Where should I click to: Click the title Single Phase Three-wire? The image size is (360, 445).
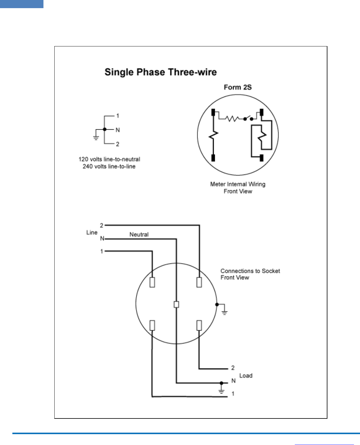coord(161,72)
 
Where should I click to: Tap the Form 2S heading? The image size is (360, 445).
coord(237,87)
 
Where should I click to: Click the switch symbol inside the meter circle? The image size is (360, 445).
coord(248,118)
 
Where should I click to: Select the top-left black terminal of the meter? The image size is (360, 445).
coord(213,112)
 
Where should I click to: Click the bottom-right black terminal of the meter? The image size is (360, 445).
coord(261,158)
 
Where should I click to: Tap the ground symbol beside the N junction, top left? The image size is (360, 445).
coord(96,136)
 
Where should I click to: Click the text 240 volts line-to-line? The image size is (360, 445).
coord(109,166)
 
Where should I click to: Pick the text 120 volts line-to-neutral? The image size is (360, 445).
coord(109,159)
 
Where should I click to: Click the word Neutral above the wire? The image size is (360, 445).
coord(139,234)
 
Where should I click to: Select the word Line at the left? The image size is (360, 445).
coord(92,232)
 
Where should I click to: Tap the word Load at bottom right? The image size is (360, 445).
coord(246,376)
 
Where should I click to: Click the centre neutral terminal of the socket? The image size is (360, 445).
coord(177,305)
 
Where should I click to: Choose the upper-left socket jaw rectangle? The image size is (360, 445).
coord(152,282)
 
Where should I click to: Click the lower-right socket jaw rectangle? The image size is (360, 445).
coord(199,326)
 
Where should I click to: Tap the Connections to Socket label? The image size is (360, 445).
coord(250,271)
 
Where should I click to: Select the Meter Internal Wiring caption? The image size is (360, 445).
coord(237,184)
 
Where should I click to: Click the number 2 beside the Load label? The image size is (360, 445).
coord(233,368)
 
